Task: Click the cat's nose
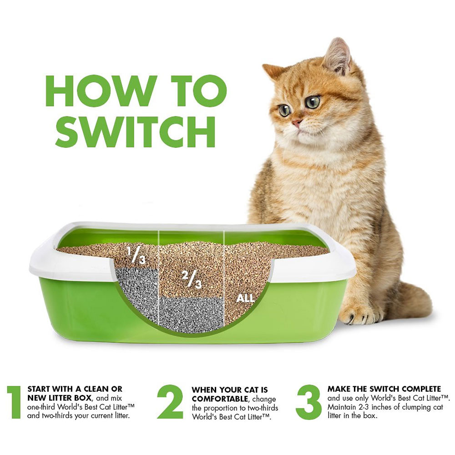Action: pos(296,122)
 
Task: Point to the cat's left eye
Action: pos(313,101)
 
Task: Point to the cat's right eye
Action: pos(285,110)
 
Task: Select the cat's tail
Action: pos(409,300)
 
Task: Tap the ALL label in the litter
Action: pos(246,299)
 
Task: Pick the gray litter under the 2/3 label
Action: pos(191,314)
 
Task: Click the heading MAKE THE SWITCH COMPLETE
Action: pos(384,389)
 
